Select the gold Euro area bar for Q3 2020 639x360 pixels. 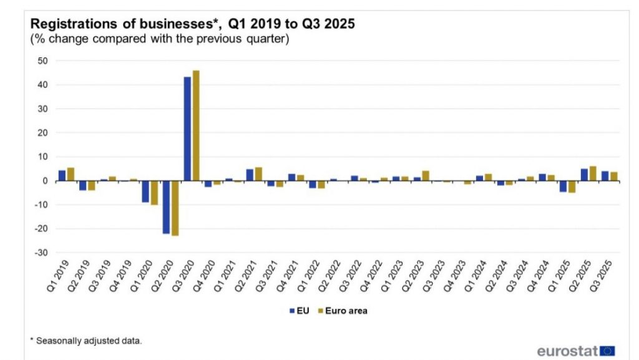coord(196,125)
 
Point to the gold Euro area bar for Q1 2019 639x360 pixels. coord(71,174)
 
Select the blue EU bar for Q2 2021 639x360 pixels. coord(250,175)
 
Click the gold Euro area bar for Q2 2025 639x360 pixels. coord(593,173)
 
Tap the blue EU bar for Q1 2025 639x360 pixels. coord(563,187)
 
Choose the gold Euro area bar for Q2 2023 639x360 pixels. coord(426,176)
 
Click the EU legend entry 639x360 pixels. coord(300,310)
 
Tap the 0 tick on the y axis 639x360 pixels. coord(46,181)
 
